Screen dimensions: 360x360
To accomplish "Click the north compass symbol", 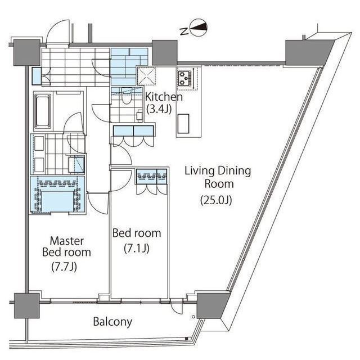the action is coord(199,28).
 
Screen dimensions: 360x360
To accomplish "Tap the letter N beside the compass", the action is coord(184,31).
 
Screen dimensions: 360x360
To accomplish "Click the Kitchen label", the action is coord(164,97).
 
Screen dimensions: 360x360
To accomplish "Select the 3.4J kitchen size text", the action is coord(159,109).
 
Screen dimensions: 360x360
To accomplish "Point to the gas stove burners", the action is coord(185,78).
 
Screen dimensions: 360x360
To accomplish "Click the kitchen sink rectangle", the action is coord(183,124).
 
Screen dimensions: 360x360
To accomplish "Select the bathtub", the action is coord(43,111).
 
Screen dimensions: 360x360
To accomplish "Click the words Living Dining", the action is coord(218,171).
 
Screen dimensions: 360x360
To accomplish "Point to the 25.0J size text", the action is coord(216,200).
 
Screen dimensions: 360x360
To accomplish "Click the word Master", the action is coord(67,241).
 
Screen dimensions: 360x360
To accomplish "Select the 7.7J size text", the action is coord(64,267).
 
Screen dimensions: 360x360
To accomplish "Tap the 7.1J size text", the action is coord(137,248).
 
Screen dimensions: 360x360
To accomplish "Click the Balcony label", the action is coord(112,322).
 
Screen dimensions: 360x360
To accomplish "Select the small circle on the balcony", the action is coord(193,317).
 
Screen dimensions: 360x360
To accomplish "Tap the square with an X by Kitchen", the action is coord(147,76).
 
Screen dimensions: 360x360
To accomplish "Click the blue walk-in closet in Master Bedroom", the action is coord(57,195).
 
